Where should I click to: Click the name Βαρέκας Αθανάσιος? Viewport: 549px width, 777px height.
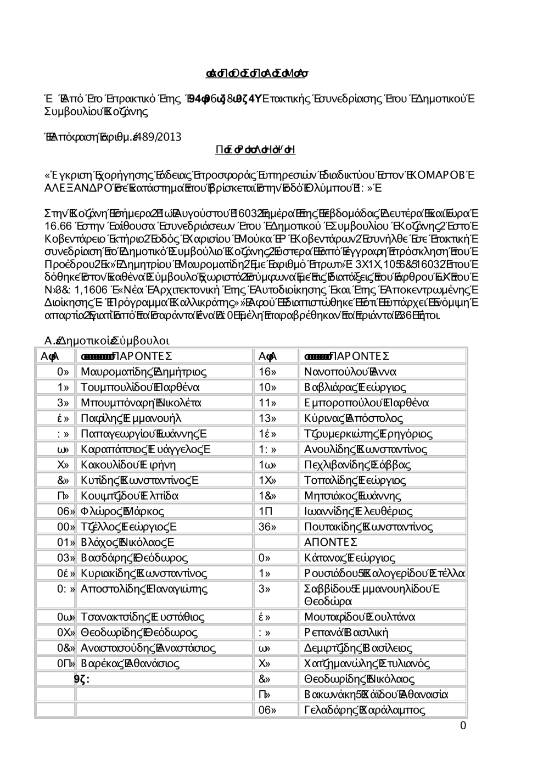[130, 663]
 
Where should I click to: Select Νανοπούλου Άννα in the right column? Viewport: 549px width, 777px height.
[350, 372]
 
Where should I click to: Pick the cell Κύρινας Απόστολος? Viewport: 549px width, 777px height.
[354, 418]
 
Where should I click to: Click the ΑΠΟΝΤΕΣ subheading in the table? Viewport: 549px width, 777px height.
[330, 543]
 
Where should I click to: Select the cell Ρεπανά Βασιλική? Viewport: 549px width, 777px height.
[346, 632]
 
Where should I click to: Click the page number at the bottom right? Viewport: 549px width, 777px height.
[463, 726]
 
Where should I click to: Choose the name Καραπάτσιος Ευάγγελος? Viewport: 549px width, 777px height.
[145, 449]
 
